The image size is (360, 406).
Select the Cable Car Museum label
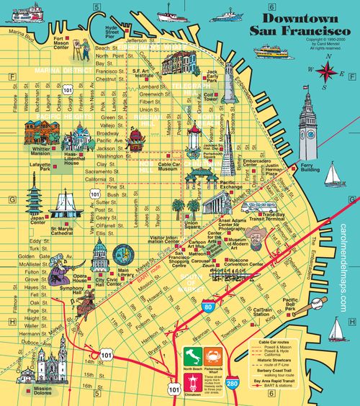[170, 166]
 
